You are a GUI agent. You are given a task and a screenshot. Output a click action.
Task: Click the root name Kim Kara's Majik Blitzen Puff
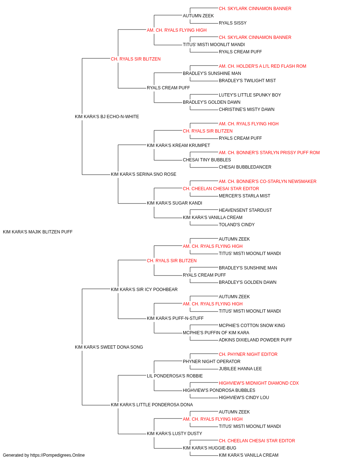click(37, 232)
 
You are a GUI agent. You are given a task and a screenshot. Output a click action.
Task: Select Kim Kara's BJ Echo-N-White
click(107, 116)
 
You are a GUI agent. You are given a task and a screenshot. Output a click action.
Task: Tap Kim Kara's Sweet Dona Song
click(109, 347)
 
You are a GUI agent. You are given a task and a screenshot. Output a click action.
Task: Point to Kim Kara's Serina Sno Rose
click(144, 174)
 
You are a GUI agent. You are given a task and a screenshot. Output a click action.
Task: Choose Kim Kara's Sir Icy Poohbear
click(144, 289)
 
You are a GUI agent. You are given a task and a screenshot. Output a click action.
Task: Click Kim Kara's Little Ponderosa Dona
click(152, 404)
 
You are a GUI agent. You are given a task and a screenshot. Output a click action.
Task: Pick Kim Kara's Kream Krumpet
click(178, 145)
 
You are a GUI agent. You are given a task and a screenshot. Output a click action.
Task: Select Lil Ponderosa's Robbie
click(175, 376)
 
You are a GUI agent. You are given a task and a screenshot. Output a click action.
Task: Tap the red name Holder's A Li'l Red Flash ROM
click(262, 66)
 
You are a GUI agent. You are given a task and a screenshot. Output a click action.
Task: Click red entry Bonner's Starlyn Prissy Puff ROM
click(269, 153)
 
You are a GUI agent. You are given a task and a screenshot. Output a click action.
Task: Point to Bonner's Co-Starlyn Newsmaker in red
click(267, 182)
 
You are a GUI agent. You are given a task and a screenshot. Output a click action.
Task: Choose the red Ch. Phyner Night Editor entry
click(248, 354)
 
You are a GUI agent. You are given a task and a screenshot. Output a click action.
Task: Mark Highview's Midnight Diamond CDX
click(258, 383)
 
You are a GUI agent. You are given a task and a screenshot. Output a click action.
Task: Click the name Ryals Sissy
click(233, 23)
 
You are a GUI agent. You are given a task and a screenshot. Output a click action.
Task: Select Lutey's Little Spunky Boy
click(250, 95)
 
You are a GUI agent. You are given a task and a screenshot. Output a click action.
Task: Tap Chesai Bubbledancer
click(245, 167)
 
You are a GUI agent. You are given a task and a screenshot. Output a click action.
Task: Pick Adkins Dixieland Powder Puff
click(255, 340)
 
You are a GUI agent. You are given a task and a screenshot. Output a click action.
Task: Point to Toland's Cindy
click(237, 224)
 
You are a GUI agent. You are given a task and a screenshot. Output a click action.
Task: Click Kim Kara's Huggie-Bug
click(210, 448)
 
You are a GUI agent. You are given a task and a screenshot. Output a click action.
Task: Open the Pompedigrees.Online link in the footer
click(57, 455)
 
